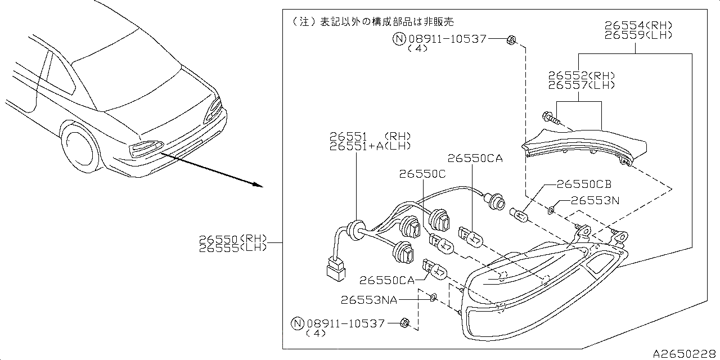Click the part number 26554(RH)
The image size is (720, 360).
638,25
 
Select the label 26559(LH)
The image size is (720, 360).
638,35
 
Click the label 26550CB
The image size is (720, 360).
584,184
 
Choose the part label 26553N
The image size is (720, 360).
595,200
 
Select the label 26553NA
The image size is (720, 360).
368,300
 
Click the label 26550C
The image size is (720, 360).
422,174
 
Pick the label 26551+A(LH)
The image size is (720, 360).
370,146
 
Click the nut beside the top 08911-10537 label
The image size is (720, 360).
511,39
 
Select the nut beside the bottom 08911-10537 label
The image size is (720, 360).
404,323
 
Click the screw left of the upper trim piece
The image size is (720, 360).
549,119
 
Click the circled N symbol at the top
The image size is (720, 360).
398,39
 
